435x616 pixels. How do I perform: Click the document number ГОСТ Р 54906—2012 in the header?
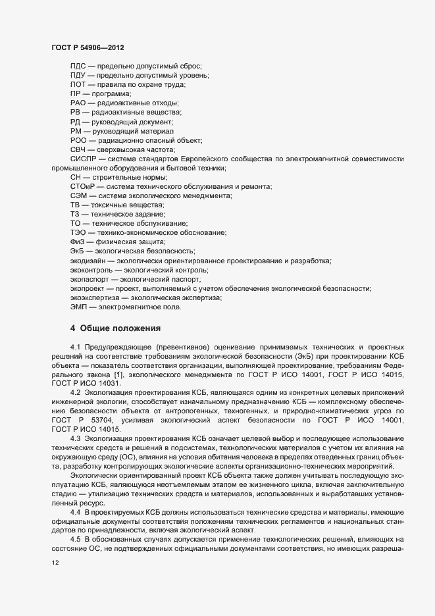pos(88,48)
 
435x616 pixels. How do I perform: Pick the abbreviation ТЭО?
pos(79,233)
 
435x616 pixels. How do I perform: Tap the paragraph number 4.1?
pos(74,346)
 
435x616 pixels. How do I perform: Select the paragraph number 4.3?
pos(74,438)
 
